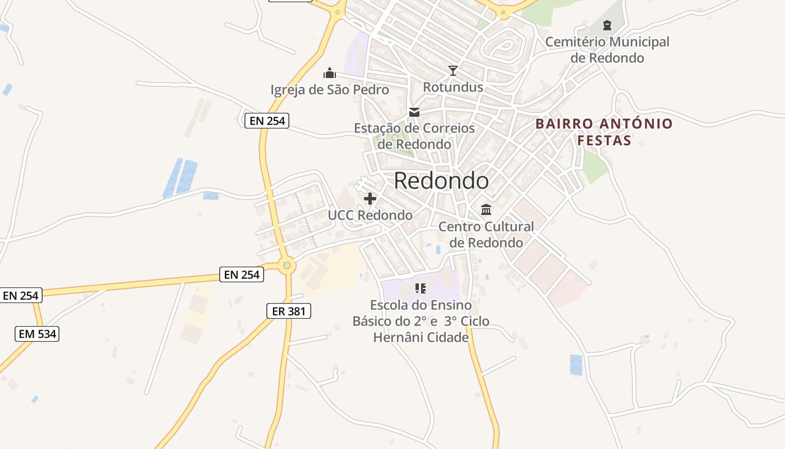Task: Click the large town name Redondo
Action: (x=441, y=181)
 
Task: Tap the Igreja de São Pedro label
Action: (x=330, y=90)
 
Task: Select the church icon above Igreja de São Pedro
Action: (x=330, y=73)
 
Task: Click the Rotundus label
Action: (x=452, y=87)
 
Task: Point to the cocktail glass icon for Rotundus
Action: (x=453, y=71)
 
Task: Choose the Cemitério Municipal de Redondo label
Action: (x=607, y=49)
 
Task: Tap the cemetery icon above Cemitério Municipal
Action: (x=607, y=25)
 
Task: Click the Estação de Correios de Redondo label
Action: (x=414, y=136)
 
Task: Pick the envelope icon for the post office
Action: (x=414, y=112)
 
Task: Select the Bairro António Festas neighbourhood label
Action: (x=604, y=132)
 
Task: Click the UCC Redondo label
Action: (x=370, y=216)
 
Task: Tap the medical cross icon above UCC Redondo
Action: (x=370, y=199)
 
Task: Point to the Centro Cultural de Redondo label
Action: (x=486, y=235)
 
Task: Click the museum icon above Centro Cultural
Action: (x=486, y=210)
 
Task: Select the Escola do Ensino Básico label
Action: (x=421, y=321)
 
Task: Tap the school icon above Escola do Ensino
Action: (x=421, y=288)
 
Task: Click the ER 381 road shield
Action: (x=288, y=311)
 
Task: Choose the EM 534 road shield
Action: (x=37, y=335)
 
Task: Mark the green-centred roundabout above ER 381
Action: (x=287, y=265)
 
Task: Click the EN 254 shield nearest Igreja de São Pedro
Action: (x=266, y=120)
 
